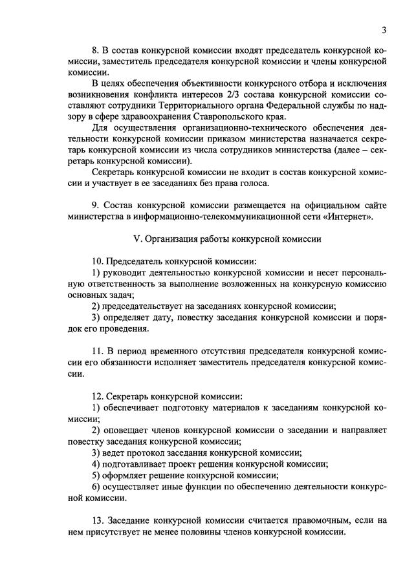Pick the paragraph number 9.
point(95,204)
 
